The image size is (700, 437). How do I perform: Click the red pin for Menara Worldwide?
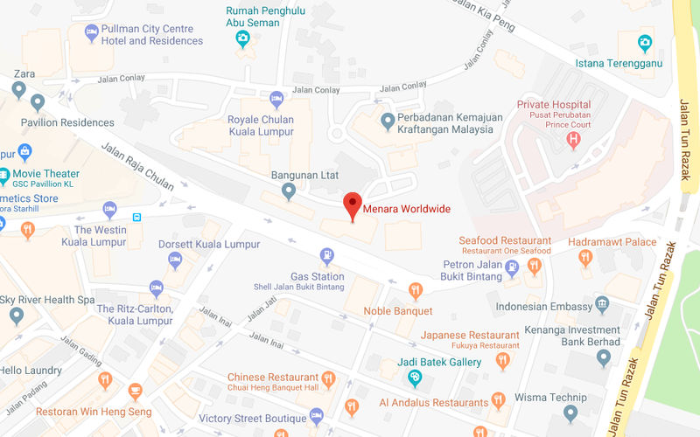[x=352, y=205]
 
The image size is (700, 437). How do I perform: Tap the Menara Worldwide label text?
[x=407, y=209]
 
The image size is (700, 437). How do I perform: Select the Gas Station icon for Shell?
[x=326, y=256]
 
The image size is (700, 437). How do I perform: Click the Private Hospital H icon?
[x=574, y=139]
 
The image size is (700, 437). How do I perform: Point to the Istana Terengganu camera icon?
[x=645, y=42]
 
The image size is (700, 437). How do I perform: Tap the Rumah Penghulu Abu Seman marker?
[x=243, y=39]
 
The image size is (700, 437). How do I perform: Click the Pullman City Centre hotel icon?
[x=91, y=33]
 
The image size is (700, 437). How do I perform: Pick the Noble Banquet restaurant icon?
[x=416, y=291]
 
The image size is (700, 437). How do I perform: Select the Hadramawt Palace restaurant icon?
[x=584, y=257]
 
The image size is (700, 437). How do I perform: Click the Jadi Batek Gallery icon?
[x=416, y=378]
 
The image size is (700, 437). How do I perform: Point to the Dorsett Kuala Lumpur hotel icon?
[x=174, y=260]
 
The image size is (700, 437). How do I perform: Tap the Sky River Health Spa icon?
[x=16, y=316]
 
